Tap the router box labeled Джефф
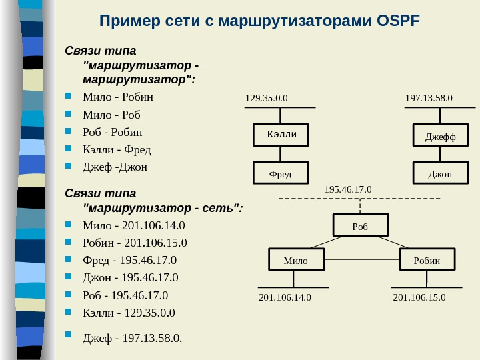441,138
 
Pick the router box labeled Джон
440,174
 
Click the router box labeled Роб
360,226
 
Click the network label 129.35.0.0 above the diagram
267,99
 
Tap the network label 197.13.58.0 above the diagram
429,99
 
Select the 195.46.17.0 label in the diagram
348,190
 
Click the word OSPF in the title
399,21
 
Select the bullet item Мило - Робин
117,97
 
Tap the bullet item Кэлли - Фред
116,149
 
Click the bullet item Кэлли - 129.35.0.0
128,312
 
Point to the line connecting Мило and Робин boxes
362,259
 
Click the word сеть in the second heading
217,208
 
